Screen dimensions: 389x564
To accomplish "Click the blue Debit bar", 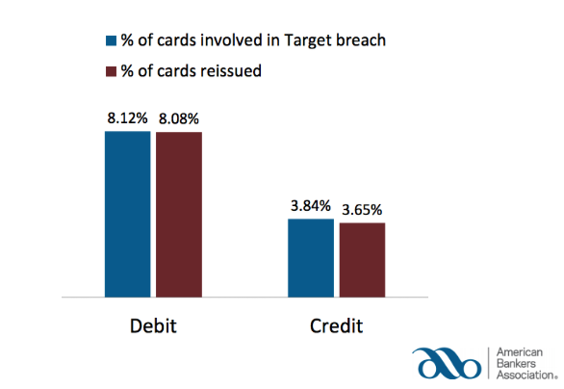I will click(x=128, y=213).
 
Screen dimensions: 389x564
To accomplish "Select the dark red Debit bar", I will click(x=179, y=213).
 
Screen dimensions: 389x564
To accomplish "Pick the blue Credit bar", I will click(x=311, y=257).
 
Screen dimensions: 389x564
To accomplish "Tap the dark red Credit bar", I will click(x=362, y=259).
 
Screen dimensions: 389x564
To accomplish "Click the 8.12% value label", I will click(x=128, y=119).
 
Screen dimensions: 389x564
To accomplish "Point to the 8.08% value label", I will click(x=180, y=119).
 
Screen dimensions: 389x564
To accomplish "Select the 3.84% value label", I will click(x=310, y=206).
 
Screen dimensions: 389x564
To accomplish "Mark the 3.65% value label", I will click(x=363, y=208).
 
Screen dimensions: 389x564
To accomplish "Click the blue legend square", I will click(x=110, y=40).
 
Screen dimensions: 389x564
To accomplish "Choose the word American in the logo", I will click(x=519, y=353).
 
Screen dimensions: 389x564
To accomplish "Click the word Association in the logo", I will click(x=524, y=377).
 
